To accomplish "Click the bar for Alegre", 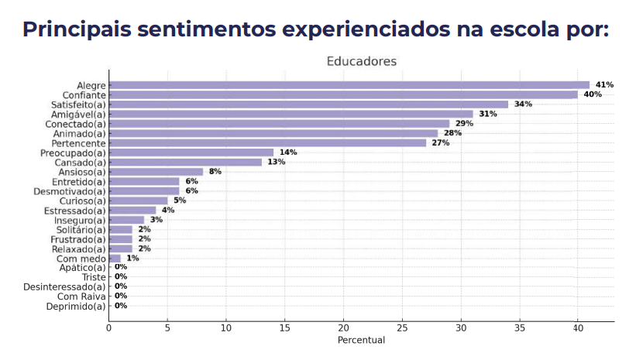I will pyautogui.click(x=349, y=85).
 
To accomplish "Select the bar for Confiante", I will pyautogui.click(x=343, y=94).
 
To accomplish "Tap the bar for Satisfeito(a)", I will pyautogui.click(x=308, y=105).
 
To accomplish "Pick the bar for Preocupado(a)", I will pyautogui.click(x=191, y=153).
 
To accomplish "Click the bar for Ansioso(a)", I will pyautogui.click(x=156, y=172).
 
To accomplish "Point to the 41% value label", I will pyautogui.click(x=604, y=85).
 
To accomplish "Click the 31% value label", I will pyautogui.click(x=488, y=114).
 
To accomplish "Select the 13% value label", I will pyautogui.click(x=277, y=162).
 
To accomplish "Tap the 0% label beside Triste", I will pyautogui.click(x=121, y=276).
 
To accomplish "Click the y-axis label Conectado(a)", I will pyautogui.click(x=76, y=124).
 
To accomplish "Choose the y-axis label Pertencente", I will pyautogui.click(x=78, y=143).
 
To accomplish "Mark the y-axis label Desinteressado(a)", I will pyautogui.click(x=64, y=287).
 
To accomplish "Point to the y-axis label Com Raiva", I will pyautogui.click(x=81, y=297).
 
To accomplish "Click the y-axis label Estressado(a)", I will pyautogui.click(x=75, y=211).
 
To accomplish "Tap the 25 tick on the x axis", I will pyautogui.click(x=401, y=328).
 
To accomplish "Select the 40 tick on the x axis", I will pyautogui.click(x=577, y=328).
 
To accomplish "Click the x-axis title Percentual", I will pyautogui.click(x=361, y=341).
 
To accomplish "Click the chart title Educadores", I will pyautogui.click(x=361, y=61).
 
